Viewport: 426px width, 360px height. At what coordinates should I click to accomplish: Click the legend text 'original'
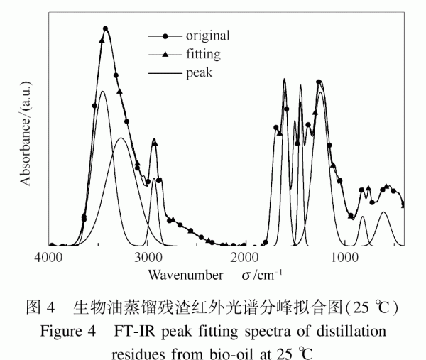pos(208,35)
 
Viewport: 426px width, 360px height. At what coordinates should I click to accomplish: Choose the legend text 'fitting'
pos(203,53)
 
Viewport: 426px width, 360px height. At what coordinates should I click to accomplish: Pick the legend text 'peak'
pos(199,72)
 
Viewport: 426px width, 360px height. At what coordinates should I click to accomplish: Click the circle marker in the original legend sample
pos(165,36)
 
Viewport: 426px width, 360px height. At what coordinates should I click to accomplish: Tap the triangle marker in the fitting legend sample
pos(165,54)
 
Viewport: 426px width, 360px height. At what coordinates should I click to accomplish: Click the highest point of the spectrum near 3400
pos(105,28)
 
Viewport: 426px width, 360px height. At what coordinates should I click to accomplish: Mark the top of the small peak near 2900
pos(154,141)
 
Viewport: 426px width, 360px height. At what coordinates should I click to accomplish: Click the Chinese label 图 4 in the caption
pos(40,309)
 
